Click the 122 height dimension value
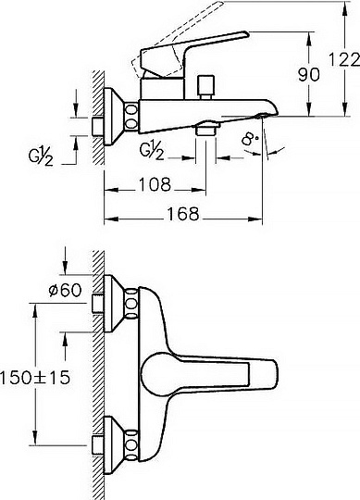click(x=344, y=60)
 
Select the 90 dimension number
click(x=308, y=75)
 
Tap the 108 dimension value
click(x=155, y=184)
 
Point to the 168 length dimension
click(x=183, y=214)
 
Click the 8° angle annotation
click(x=251, y=139)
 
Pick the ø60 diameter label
click(x=65, y=290)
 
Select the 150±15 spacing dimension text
click(x=35, y=378)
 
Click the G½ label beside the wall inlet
click(x=40, y=156)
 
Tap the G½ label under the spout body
click(x=152, y=150)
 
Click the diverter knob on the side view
click(x=205, y=85)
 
